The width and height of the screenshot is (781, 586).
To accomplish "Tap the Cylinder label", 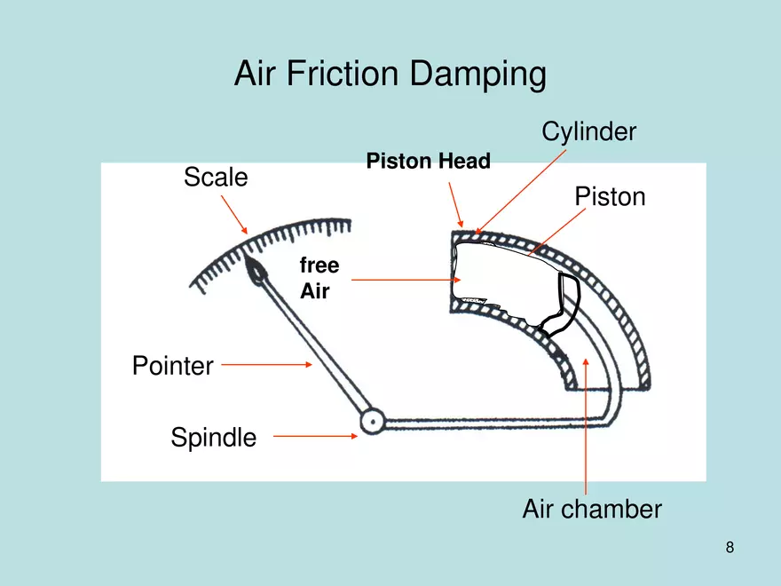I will click(x=588, y=132).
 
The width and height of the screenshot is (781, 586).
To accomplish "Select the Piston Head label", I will click(x=428, y=162).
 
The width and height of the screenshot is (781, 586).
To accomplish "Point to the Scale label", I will click(x=216, y=178).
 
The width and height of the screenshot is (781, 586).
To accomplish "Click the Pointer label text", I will click(x=172, y=365).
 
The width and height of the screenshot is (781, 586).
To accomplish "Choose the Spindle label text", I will click(x=213, y=437).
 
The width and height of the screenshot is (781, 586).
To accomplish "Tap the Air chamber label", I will click(x=591, y=510).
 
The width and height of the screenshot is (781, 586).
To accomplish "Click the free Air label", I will click(x=319, y=278).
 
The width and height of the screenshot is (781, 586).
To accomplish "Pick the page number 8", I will click(x=730, y=547).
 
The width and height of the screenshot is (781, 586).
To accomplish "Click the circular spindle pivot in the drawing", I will click(x=371, y=419).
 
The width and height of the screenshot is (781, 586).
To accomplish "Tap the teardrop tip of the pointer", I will click(x=256, y=272).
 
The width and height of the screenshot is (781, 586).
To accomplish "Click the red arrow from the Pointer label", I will click(x=266, y=363).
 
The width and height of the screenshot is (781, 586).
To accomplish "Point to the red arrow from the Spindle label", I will click(x=315, y=435).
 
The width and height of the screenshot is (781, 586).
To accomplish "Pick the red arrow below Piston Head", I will click(x=456, y=204).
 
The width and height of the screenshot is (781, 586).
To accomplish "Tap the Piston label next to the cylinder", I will click(x=610, y=196).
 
